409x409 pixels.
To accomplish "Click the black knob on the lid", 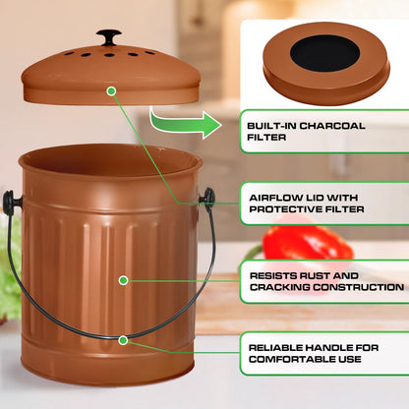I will point(109,37).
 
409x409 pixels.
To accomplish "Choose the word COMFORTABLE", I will point(289,360).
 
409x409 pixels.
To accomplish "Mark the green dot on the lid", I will point(111,90).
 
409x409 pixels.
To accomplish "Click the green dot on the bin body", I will point(124,279).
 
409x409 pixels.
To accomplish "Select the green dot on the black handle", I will point(124,339).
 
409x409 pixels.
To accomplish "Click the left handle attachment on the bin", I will point(12,202).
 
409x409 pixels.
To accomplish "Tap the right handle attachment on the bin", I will point(207,198).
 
